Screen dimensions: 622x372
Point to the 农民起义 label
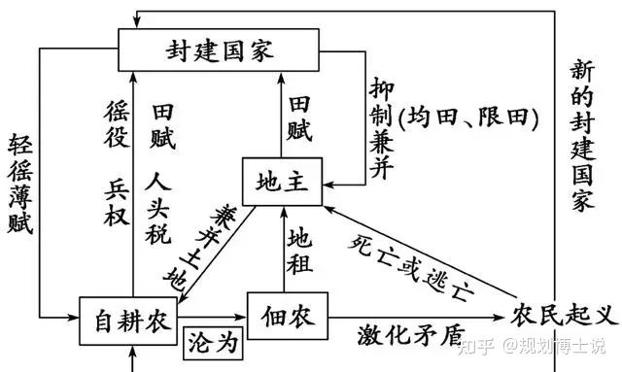565,316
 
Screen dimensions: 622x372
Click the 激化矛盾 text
411,335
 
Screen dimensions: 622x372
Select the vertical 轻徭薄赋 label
20,184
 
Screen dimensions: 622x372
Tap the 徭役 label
117,124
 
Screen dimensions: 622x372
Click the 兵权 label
117,202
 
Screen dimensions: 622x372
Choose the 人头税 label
158,208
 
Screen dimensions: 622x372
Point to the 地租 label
299,251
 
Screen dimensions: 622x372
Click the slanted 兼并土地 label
201,249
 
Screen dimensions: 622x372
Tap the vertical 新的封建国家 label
582,135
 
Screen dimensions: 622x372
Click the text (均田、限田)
468,118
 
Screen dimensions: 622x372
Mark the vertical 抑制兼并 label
382,128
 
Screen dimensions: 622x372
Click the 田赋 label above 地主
299,118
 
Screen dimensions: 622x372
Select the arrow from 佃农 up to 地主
284,250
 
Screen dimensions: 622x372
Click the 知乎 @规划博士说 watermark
532,346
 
